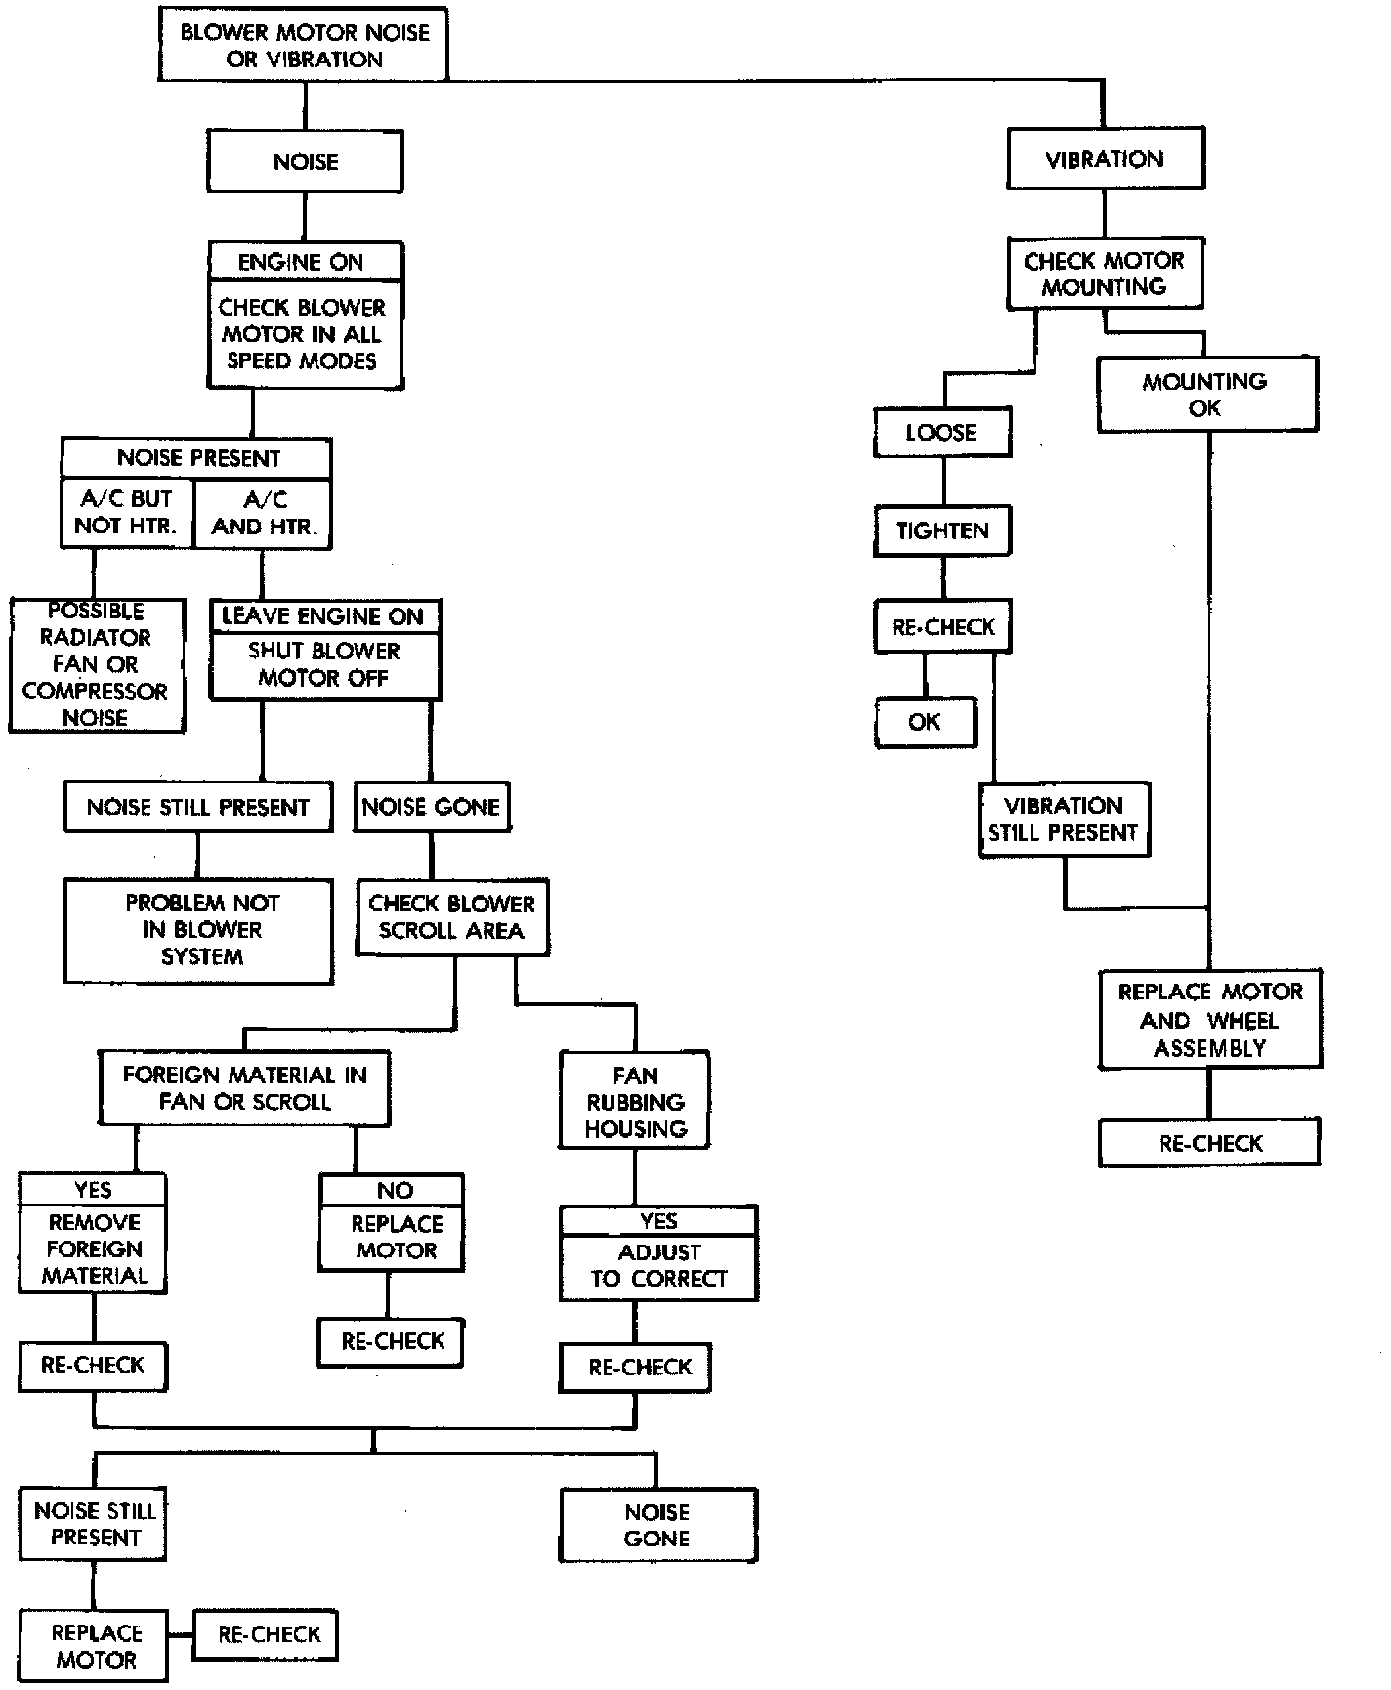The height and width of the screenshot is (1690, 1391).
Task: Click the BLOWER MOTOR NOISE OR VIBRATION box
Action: [x=303, y=46]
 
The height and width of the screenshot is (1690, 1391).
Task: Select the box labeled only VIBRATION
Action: [x=1104, y=159]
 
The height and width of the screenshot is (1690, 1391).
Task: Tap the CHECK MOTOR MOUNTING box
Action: [x=1104, y=274]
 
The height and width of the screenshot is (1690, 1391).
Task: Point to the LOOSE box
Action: [x=942, y=432]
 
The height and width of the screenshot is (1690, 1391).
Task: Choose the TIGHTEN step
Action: [x=942, y=530]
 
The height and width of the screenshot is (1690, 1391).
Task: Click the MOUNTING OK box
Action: [x=1205, y=394]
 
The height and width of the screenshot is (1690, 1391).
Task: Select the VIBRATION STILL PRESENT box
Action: [x=1063, y=819]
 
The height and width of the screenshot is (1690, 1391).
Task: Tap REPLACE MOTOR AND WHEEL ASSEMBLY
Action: [x=1209, y=1019]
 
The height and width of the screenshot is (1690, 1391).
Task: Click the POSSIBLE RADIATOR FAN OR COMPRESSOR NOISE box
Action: [x=96, y=664]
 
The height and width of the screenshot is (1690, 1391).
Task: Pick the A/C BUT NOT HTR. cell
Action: [x=127, y=512]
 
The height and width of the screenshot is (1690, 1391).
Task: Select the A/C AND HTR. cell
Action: [x=264, y=512]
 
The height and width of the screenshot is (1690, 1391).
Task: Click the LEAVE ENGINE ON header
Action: [x=323, y=615]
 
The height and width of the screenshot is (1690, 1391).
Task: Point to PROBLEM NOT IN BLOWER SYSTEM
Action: [x=200, y=929]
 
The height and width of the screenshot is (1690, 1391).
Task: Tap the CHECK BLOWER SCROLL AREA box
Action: [x=451, y=916]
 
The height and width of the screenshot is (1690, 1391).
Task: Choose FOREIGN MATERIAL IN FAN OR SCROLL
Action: [x=244, y=1087]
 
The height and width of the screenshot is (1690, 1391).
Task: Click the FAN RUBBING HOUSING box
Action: [x=635, y=1101]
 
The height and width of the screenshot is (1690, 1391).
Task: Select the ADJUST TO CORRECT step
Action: [x=659, y=1265]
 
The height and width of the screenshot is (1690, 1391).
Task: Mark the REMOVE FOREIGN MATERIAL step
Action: [x=94, y=1248]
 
